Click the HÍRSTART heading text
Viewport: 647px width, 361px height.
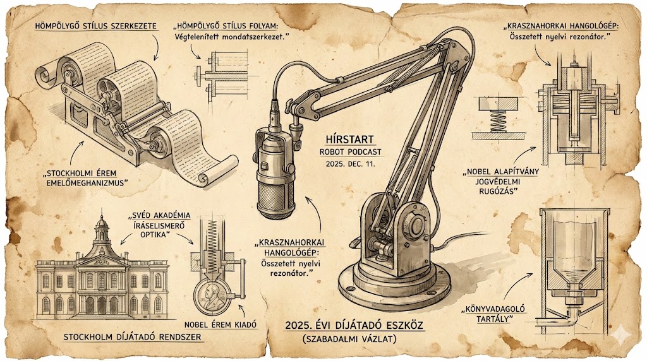349,139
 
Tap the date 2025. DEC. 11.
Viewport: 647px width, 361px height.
350,163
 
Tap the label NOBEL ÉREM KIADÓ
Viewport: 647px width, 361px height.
221,325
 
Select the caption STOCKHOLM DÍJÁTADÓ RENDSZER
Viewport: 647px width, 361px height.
132,337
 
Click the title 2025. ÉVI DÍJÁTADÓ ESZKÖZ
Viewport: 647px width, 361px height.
354,326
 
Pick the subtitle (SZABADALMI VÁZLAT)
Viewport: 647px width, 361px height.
349,339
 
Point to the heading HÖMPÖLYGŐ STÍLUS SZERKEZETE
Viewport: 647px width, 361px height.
96,26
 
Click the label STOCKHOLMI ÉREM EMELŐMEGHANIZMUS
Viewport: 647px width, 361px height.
86,178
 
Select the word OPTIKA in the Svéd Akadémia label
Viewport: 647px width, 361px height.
155,235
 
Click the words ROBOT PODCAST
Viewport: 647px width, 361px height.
350,152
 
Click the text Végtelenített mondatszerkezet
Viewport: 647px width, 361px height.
229,37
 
